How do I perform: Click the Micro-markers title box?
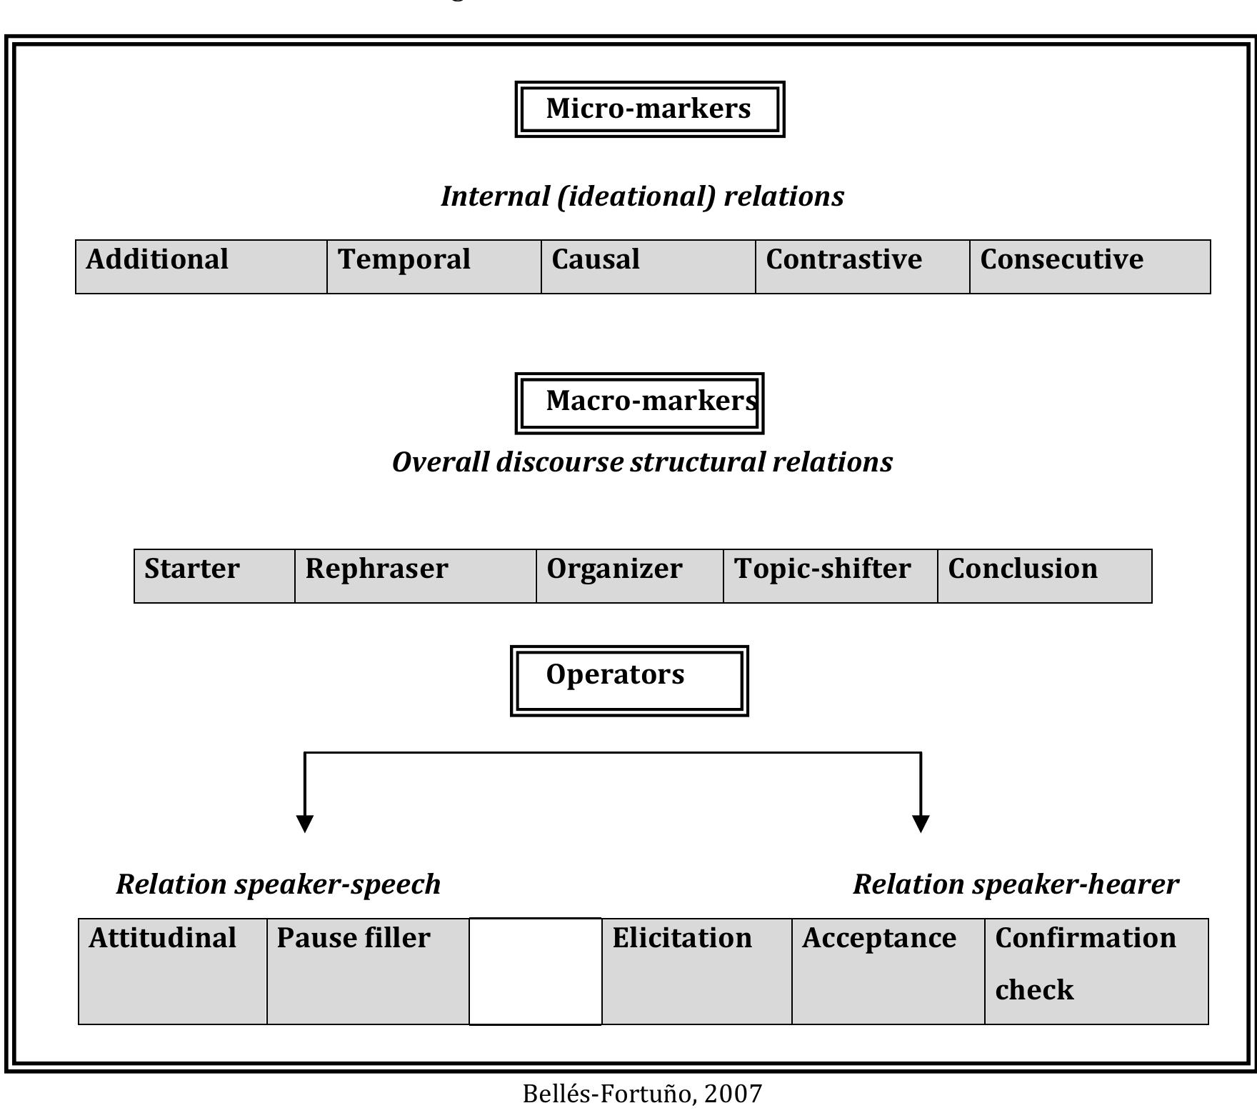point(649,109)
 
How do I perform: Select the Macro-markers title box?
point(639,403)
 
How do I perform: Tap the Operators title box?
point(629,680)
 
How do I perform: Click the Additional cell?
point(201,266)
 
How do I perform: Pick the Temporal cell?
point(434,266)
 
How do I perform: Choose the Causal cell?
point(648,266)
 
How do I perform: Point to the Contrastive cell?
point(863,266)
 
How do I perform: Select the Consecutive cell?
point(1090,266)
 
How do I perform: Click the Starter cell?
point(214,576)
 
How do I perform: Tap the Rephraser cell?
point(416,576)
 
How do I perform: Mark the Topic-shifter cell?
point(831,576)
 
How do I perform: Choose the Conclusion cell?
point(1044,576)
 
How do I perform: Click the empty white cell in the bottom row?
point(535,971)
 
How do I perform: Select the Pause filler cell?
point(368,971)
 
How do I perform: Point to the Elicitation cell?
point(696,971)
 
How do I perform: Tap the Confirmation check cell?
point(1096,971)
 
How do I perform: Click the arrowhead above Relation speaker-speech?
point(305,823)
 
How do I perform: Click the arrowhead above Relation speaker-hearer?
point(921,823)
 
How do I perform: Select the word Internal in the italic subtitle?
point(494,196)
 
